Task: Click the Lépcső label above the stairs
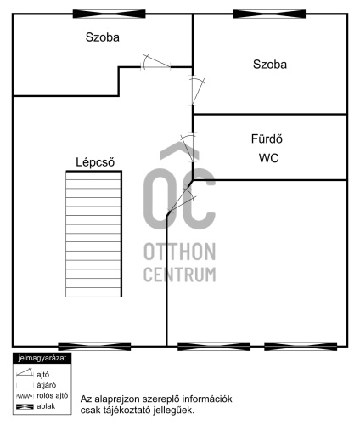95,162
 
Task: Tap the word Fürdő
267,139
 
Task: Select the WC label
268,158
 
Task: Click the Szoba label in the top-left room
103,37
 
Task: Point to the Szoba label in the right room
270,65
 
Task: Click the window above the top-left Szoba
110,14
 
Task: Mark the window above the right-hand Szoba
269,14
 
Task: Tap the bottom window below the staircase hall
94,346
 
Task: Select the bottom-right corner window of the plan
301,346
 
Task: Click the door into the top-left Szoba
156,62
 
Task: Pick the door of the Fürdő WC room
188,147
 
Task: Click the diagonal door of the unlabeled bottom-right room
181,200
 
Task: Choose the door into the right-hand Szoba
197,91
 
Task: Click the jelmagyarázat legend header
42,358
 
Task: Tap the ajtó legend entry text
43,375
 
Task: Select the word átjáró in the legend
47,385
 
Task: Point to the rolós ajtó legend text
53,396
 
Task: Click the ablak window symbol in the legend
25,406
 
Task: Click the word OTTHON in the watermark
180,252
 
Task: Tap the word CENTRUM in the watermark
180,275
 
